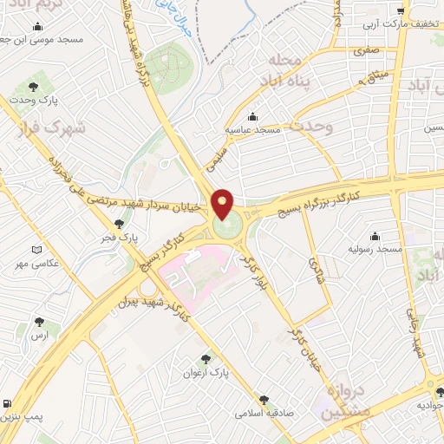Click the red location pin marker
[223, 205]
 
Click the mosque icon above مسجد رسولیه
[375, 236]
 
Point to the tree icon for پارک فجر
[119, 224]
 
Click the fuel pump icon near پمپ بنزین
[8, 403]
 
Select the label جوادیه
[430, 405]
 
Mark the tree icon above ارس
[38, 322]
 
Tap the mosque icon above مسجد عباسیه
[252, 116]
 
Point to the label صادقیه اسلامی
[264, 414]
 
